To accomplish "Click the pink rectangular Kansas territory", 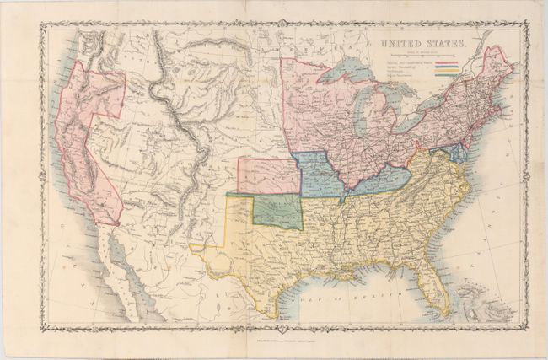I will coord(268,175).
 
